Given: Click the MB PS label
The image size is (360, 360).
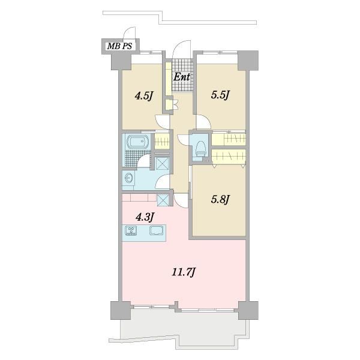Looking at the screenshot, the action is pyautogui.click(x=119, y=46).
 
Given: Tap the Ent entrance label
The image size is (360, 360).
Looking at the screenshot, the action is pyautogui.click(x=182, y=77).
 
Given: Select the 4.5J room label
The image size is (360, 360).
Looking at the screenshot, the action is pyautogui.click(x=144, y=96).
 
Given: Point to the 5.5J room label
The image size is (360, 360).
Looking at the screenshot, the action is pyautogui.click(x=220, y=95).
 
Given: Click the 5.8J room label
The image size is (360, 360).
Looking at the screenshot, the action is pyautogui.click(x=220, y=199).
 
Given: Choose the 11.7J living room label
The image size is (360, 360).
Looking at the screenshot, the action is pyautogui.click(x=184, y=272).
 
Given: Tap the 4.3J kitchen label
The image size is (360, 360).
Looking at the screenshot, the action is pyautogui.click(x=145, y=217).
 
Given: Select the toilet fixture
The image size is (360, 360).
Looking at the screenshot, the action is pyautogui.click(x=200, y=148).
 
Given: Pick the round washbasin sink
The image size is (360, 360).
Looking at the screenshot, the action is pyautogui.click(x=129, y=178).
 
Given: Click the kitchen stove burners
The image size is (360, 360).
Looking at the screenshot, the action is pyautogui.click(x=131, y=230).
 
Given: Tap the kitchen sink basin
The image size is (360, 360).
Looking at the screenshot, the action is pyautogui.click(x=157, y=230).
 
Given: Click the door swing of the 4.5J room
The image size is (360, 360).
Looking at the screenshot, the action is pyautogui.click(x=163, y=122).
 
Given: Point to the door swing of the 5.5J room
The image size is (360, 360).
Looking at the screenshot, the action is pyautogui.click(x=203, y=121).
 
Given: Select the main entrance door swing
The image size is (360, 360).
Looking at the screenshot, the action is pyautogui.click(x=182, y=49).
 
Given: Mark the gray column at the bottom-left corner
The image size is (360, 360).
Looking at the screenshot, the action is pyautogui.click(x=121, y=310).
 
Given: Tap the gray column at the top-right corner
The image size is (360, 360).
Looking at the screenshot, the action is pyautogui.click(x=248, y=61).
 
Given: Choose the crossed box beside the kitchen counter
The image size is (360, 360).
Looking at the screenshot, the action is pyautogui.click(x=163, y=200).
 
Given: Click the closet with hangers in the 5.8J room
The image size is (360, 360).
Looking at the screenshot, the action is pyautogui.click(x=229, y=157).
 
